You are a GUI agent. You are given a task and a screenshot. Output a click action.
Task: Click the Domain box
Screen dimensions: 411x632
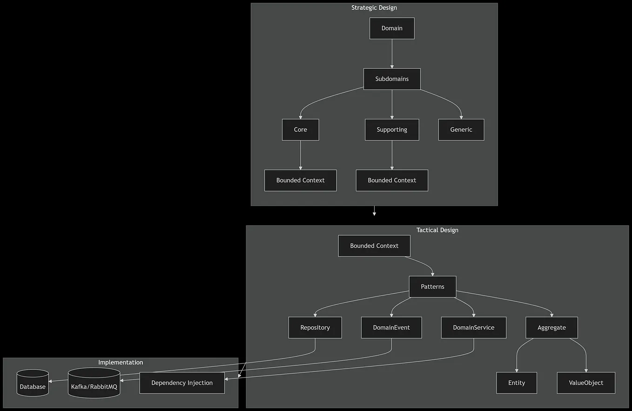point(392,28)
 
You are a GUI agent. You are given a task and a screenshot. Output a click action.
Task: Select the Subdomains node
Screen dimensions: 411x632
point(392,79)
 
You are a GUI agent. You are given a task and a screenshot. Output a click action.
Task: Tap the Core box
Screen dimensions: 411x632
point(300,130)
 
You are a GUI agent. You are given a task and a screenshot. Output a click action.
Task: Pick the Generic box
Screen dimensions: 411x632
point(461,130)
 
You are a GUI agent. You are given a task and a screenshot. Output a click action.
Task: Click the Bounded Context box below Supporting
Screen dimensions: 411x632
point(392,181)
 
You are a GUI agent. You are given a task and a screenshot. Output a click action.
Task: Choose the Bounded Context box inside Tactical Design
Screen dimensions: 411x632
point(374,246)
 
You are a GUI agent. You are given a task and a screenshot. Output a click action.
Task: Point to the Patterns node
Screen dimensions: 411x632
point(432,287)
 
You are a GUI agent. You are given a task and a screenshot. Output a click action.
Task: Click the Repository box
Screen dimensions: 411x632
point(315,328)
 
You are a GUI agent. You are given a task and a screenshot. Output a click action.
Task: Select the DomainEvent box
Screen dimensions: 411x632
point(391,328)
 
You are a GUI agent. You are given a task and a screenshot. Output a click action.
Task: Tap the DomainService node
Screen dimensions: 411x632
point(473,328)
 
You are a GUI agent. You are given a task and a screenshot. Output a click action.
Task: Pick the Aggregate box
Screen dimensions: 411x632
point(551,328)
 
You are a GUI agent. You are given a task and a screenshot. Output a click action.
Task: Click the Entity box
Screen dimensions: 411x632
point(517,383)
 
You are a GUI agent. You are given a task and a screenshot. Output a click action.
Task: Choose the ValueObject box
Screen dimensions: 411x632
point(586,383)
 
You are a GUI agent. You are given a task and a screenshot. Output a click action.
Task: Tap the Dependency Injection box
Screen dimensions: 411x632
point(182,383)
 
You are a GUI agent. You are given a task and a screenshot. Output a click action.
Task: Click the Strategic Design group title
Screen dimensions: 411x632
point(374,7)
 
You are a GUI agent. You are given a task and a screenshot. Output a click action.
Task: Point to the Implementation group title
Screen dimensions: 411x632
point(121,362)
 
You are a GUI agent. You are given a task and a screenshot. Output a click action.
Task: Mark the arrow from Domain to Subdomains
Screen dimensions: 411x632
point(392,54)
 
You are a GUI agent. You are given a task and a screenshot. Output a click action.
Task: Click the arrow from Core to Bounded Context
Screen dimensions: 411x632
point(300,155)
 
